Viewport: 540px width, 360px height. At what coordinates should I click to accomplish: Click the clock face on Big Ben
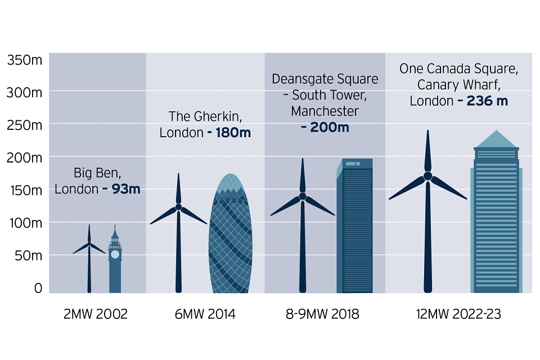tap(115, 254)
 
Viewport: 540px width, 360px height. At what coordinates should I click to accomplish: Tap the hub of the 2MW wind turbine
tap(89, 244)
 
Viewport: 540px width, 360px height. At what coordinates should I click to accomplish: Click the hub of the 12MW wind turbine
tap(427, 176)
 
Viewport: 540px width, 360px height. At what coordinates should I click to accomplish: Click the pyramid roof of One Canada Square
tap(496, 139)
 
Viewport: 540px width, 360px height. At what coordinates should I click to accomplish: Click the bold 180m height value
tap(230, 133)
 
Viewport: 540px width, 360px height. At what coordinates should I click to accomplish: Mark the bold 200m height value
tap(325, 128)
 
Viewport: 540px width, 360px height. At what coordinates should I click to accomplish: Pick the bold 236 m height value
tap(483, 101)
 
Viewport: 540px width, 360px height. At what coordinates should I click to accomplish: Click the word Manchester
tap(325, 111)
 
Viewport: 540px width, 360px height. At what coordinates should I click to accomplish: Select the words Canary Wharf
tap(457, 85)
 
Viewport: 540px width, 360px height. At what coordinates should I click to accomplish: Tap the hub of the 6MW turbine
tap(178, 207)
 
